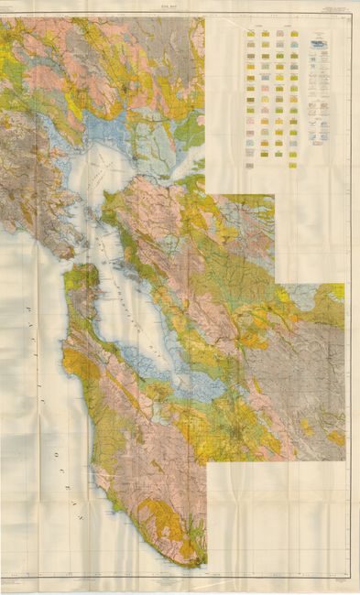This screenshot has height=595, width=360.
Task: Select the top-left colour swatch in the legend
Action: pyautogui.click(x=250, y=35)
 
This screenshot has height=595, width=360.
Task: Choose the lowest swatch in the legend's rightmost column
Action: pyautogui.click(x=293, y=165)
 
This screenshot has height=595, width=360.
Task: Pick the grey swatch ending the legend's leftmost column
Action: pyautogui.click(x=250, y=154)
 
